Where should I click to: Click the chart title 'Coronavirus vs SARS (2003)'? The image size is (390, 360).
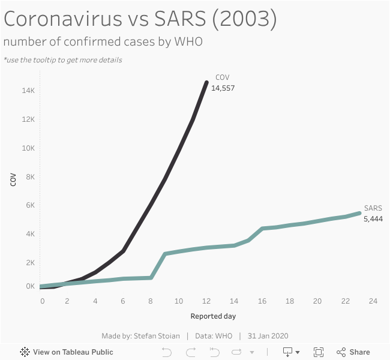pos(140,19)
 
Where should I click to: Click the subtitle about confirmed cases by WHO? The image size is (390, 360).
pos(103,42)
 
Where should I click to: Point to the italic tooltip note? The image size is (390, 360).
pos(63,60)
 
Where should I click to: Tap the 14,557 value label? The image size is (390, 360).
pos(223,88)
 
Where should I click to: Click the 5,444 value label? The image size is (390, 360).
pos(373,218)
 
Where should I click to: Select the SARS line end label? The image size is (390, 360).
pos(373,208)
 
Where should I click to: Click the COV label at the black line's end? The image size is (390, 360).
pos(222,77)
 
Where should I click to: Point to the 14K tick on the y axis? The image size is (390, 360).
pos(29,91)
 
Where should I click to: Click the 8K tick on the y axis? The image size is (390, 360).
pos(31,176)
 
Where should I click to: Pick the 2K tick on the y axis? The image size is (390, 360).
pos(31,263)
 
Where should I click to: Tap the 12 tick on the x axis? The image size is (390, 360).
pos(206,301)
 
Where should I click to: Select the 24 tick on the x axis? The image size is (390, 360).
pos(373,301)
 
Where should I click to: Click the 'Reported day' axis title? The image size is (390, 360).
pos(213,316)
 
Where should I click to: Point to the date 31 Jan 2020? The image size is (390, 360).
pos(268,335)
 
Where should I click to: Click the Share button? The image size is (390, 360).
pos(353,352)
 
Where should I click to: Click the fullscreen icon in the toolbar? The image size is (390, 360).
pos(319,352)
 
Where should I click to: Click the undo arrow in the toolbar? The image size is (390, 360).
pos(167,352)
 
